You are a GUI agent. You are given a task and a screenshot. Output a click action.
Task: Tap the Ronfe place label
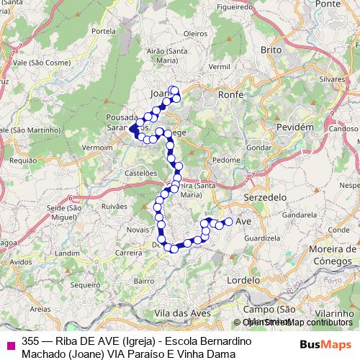(x=231, y=94)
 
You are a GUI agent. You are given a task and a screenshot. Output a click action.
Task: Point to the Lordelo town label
(x=243, y=279)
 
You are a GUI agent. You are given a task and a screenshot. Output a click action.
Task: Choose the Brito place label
(x=271, y=50)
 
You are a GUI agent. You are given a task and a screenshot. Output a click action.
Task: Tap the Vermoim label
(x=98, y=147)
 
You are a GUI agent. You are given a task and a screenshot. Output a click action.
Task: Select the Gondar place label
(x=257, y=147)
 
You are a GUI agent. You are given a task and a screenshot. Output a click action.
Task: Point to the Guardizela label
(x=262, y=238)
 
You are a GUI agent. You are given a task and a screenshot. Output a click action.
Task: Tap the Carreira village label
(x=128, y=253)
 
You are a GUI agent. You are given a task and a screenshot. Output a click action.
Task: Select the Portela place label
(x=104, y=32)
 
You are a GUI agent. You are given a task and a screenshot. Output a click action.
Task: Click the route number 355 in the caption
(x=31, y=341)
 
